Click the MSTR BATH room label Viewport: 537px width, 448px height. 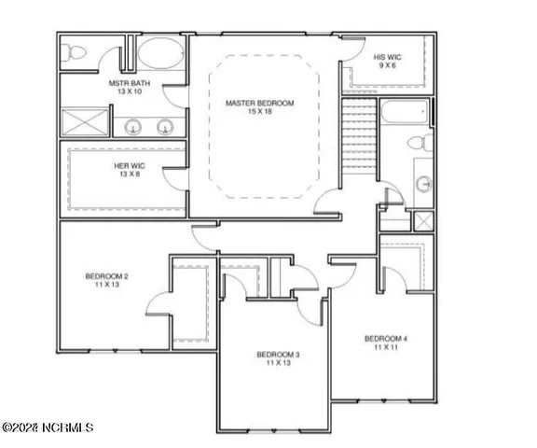pyautogui.click(x=124, y=83)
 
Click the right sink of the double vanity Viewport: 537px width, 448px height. pyautogui.click(x=167, y=127)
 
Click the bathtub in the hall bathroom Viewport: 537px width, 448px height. pyautogui.click(x=406, y=118)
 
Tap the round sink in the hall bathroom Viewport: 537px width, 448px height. pyautogui.click(x=422, y=182)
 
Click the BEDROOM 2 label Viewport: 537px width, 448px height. pyautogui.click(x=107, y=276)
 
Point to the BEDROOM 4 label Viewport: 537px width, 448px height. pyautogui.click(x=386, y=338)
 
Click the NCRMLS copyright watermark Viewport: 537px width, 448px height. pyautogui.click(x=48, y=427)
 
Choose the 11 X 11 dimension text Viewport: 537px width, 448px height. pyautogui.click(x=386, y=347)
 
